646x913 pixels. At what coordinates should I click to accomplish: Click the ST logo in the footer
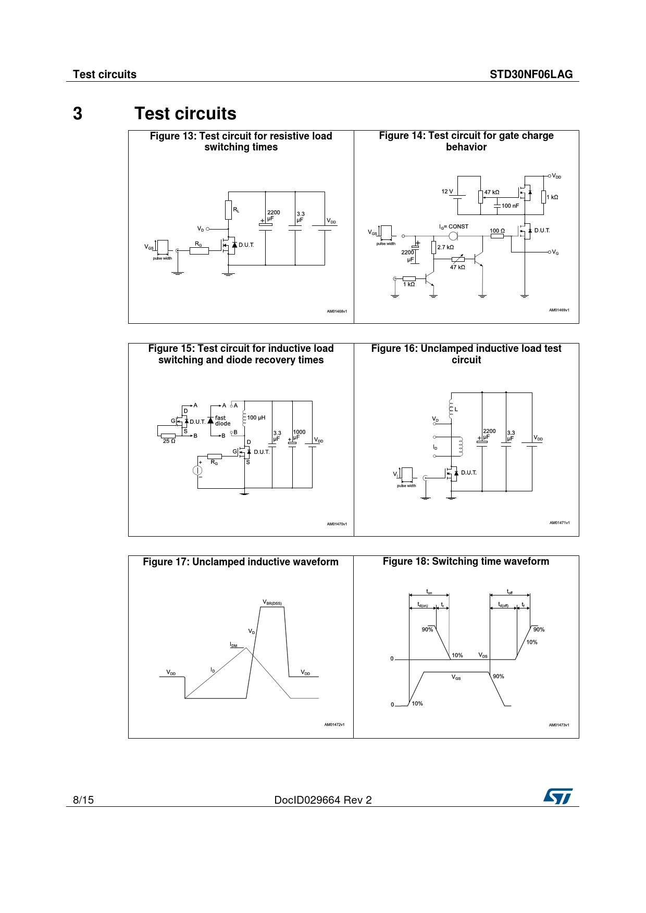558,796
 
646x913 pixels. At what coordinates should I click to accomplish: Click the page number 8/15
83,800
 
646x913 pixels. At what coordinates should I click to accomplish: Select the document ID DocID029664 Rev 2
323,800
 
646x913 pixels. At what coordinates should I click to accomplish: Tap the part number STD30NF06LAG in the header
531,74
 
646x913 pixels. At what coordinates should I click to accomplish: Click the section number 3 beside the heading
78,113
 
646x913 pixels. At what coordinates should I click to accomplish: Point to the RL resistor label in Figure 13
237,210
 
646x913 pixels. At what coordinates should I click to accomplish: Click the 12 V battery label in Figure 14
447,192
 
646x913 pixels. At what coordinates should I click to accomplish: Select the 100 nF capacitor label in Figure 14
510,206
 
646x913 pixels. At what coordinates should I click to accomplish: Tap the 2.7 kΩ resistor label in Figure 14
445,247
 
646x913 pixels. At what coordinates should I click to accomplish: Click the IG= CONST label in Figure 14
454,227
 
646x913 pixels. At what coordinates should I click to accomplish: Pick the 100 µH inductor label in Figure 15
256,417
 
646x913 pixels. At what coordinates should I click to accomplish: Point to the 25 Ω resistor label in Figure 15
169,441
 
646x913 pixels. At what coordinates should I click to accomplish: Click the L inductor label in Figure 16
456,410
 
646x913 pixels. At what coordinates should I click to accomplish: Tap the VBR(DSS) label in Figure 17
272,603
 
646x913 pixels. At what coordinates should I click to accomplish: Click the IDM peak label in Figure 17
234,645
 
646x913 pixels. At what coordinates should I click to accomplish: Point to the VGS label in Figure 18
456,677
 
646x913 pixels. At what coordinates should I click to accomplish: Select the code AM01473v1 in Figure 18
559,725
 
